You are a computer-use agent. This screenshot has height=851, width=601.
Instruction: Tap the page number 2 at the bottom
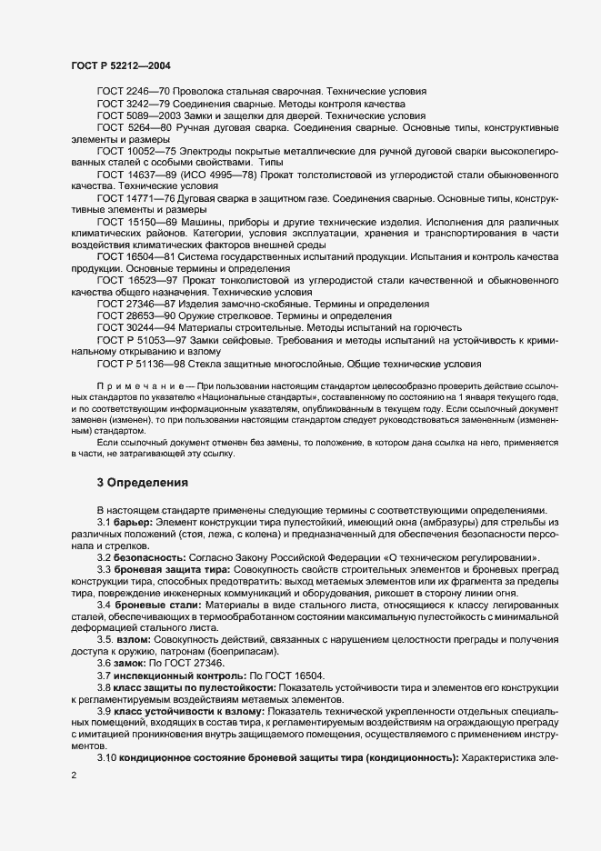[x=74, y=776]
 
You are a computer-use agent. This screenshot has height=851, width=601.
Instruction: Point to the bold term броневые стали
[x=153, y=604]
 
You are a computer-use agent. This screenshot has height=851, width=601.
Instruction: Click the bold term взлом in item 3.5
[x=135, y=638]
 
